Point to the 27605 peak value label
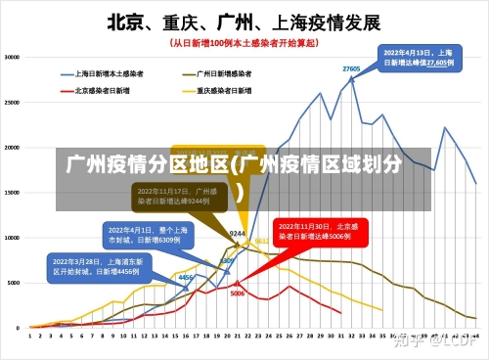pos(351,68)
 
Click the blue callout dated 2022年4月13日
pos(418,57)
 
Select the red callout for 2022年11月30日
pos(312,231)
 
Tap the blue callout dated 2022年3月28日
pos(97,266)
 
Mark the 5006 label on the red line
pos(238,292)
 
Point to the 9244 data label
pos(237,234)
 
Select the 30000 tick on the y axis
pos(14,57)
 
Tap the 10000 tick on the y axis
pos(14,237)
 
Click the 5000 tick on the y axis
pos(16,282)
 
